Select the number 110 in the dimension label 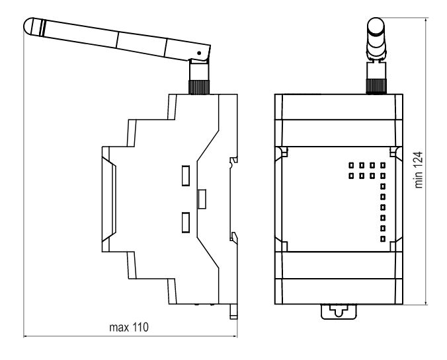[x=140, y=327]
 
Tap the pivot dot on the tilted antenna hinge [x=198, y=52]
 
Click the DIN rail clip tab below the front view [x=338, y=310]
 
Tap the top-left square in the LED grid [x=351, y=165]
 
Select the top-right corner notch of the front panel [x=394, y=153]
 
